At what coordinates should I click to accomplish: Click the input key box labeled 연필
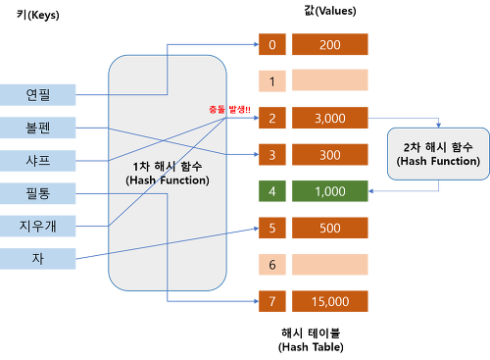(38, 95)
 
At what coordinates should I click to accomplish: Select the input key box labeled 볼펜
(38, 128)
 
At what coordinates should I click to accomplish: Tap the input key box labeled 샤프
(38, 160)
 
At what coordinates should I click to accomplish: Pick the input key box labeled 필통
(38, 192)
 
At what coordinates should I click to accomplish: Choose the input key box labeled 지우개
(38, 227)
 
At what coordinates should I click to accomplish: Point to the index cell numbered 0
(270, 44)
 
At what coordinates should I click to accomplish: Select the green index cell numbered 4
(270, 191)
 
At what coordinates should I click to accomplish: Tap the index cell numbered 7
(270, 301)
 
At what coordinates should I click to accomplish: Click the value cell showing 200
(329, 44)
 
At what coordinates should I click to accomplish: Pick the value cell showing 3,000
(329, 118)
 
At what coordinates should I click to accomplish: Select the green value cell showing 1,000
(329, 191)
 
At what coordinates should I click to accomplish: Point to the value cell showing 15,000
(329, 301)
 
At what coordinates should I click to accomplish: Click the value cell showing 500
(329, 228)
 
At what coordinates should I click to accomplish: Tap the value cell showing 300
(329, 154)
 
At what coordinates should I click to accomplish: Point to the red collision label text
(230, 109)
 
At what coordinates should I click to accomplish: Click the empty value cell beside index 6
(329, 265)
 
